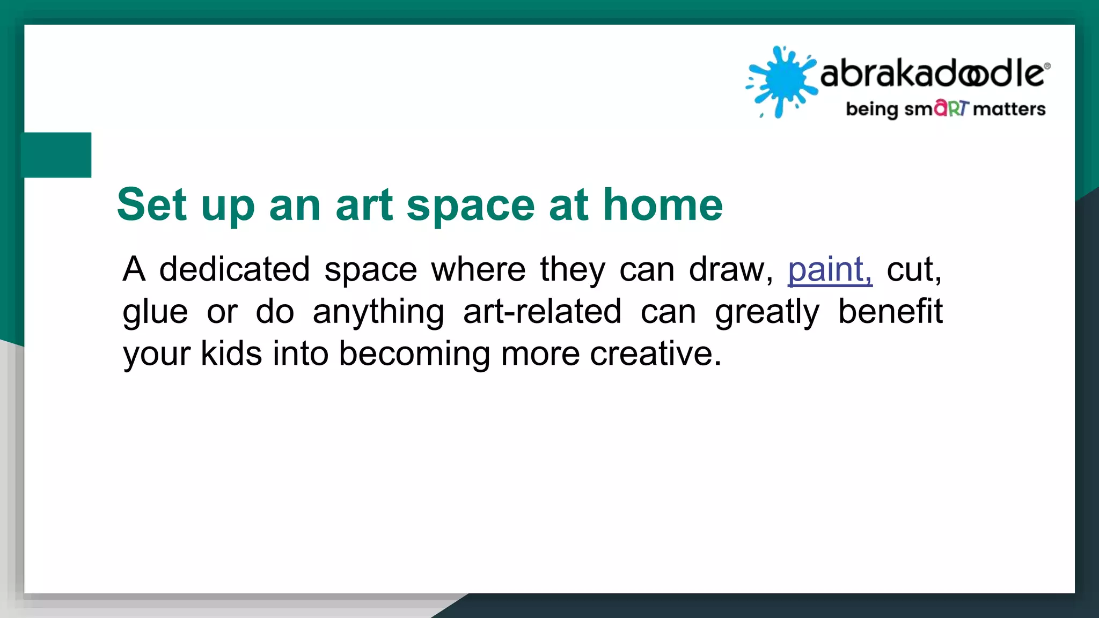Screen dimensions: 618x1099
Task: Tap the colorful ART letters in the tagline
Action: click(x=951, y=108)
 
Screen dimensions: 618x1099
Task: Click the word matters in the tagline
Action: click(x=1009, y=109)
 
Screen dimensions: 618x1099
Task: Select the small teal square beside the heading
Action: click(x=56, y=154)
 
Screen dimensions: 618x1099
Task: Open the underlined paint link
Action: click(x=829, y=269)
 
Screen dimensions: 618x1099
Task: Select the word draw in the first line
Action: click(x=730, y=269)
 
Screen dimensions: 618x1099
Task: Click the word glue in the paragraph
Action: click(x=155, y=312)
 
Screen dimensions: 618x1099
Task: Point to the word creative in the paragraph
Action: click(x=655, y=354)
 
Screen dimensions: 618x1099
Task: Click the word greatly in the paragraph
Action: click(x=767, y=312)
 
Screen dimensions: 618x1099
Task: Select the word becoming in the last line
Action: click(x=414, y=355)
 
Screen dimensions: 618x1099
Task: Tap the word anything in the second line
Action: click(x=378, y=312)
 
